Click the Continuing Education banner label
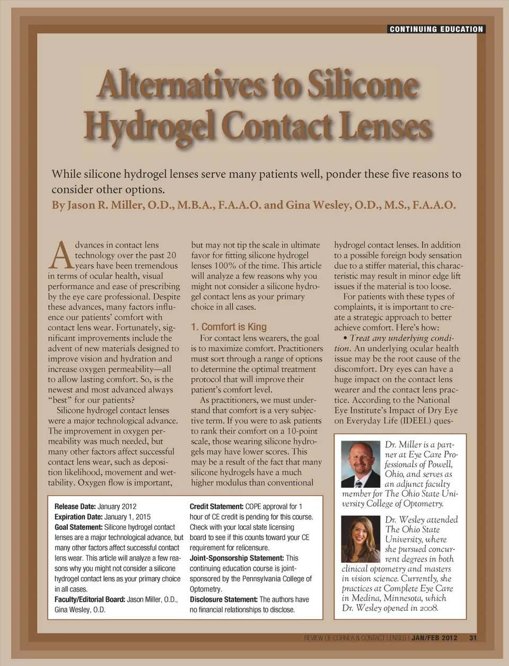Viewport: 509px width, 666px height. click(436, 29)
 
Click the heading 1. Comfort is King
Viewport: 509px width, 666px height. click(229, 327)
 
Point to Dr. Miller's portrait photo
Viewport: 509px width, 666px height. click(361, 464)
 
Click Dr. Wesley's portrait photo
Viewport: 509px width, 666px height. click(361, 539)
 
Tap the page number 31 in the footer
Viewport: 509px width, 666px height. click(473, 638)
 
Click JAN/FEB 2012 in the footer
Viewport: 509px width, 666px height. click(434, 638)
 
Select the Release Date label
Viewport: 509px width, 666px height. click(75, 506)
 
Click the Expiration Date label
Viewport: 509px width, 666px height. click(78, 516)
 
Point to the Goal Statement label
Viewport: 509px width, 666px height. click(78, 527)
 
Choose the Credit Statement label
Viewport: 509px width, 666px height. click(216, 506)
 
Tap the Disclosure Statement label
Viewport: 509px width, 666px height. click(223, 599)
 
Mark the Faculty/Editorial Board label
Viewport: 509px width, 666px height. click(90, 599)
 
